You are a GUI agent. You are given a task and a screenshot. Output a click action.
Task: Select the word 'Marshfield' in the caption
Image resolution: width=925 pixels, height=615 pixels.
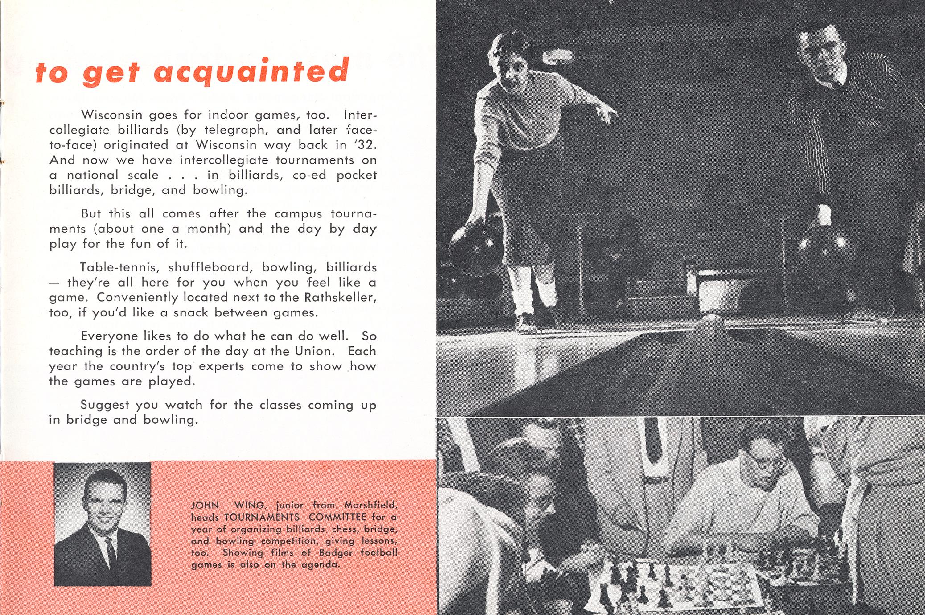coord(370,506)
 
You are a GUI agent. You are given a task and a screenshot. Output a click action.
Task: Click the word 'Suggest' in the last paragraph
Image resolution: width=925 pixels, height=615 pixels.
coord(104,405)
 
